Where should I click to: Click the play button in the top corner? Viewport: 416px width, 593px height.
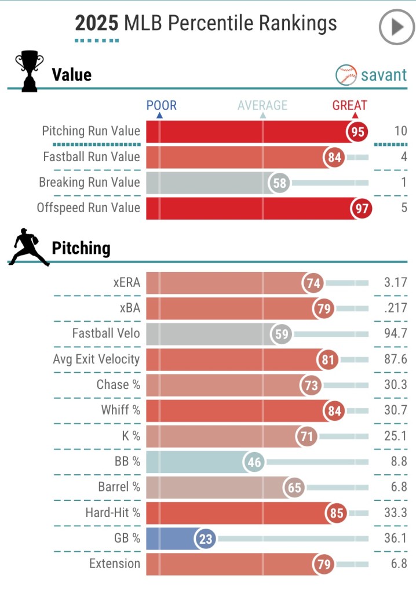pyautogui.click(x=396, y=27)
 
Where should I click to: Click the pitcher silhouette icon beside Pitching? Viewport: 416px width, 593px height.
pyautogui.click(x=28, y=248)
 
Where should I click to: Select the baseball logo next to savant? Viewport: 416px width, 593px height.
pyautogui.click(x=346, y=75)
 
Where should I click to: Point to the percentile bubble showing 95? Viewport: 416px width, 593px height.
pyautogui.click(x=358, y=132)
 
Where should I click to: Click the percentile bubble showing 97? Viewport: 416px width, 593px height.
pyautogui.click(x=362, y=208)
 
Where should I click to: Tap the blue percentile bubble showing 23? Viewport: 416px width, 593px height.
pyautogui.click(x=206, y=539)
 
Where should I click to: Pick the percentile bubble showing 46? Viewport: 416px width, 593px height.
pyautogui.click(x=254, y=462)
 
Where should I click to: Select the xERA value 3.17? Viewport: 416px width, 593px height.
pyautogui.click(x=396, y=283)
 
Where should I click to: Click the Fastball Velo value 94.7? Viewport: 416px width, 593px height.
pyautogui.click(x=396, y=334)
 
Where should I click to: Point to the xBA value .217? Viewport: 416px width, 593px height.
pyautogui.click(x=396, y=309)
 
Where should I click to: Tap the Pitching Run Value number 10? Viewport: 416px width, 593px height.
pyautogui.click(x=400, y=131)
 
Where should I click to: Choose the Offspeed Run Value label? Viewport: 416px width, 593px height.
pyautogui.click(x=89, y=208)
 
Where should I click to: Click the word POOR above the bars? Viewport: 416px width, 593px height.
pyautogui.click(x=161, y=105)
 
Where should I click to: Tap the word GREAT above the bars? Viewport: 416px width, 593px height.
pyautogui.click(x=349, y=105)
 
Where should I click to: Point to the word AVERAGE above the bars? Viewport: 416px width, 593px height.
pyautogui.click(x=262, y=105)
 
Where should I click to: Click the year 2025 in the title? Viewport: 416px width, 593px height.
pyautogui.click(x=96, y=23)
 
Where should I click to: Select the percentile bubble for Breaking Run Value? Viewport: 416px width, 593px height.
pyautogui.click(x=280, y=183)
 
